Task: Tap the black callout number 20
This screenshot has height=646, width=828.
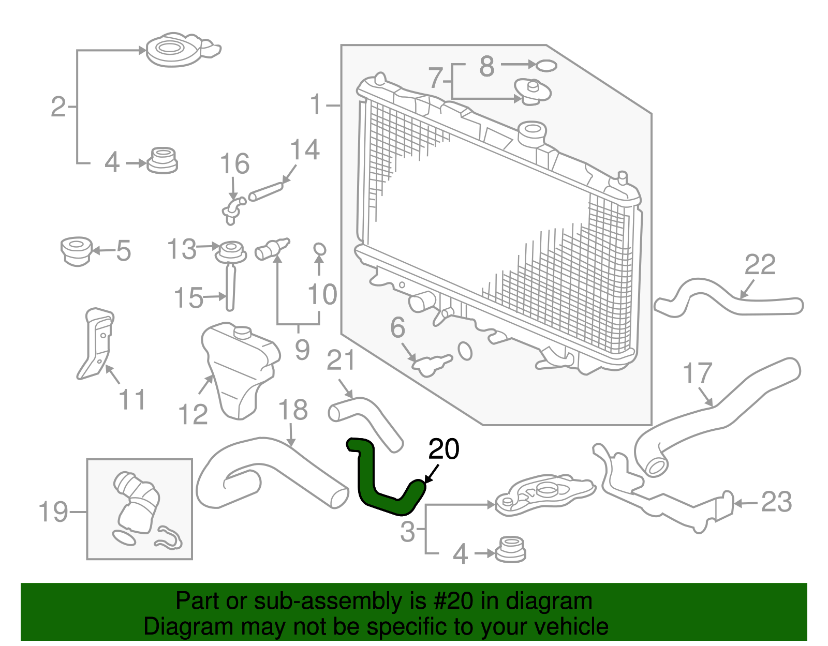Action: [444, 449]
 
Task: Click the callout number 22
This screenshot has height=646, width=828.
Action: [760, 265]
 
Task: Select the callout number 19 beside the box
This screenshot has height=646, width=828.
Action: [53, 512]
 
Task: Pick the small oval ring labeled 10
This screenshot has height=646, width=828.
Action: [319, 249]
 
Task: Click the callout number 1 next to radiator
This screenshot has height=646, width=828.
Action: [316, 105]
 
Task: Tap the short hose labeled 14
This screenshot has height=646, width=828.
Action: [266, 191]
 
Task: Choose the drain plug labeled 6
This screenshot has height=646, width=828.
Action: [431, 364]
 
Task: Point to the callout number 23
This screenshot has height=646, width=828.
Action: [776, 503]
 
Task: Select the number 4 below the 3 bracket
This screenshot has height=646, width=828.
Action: [460, 554]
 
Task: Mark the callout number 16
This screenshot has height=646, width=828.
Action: [234, 164]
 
